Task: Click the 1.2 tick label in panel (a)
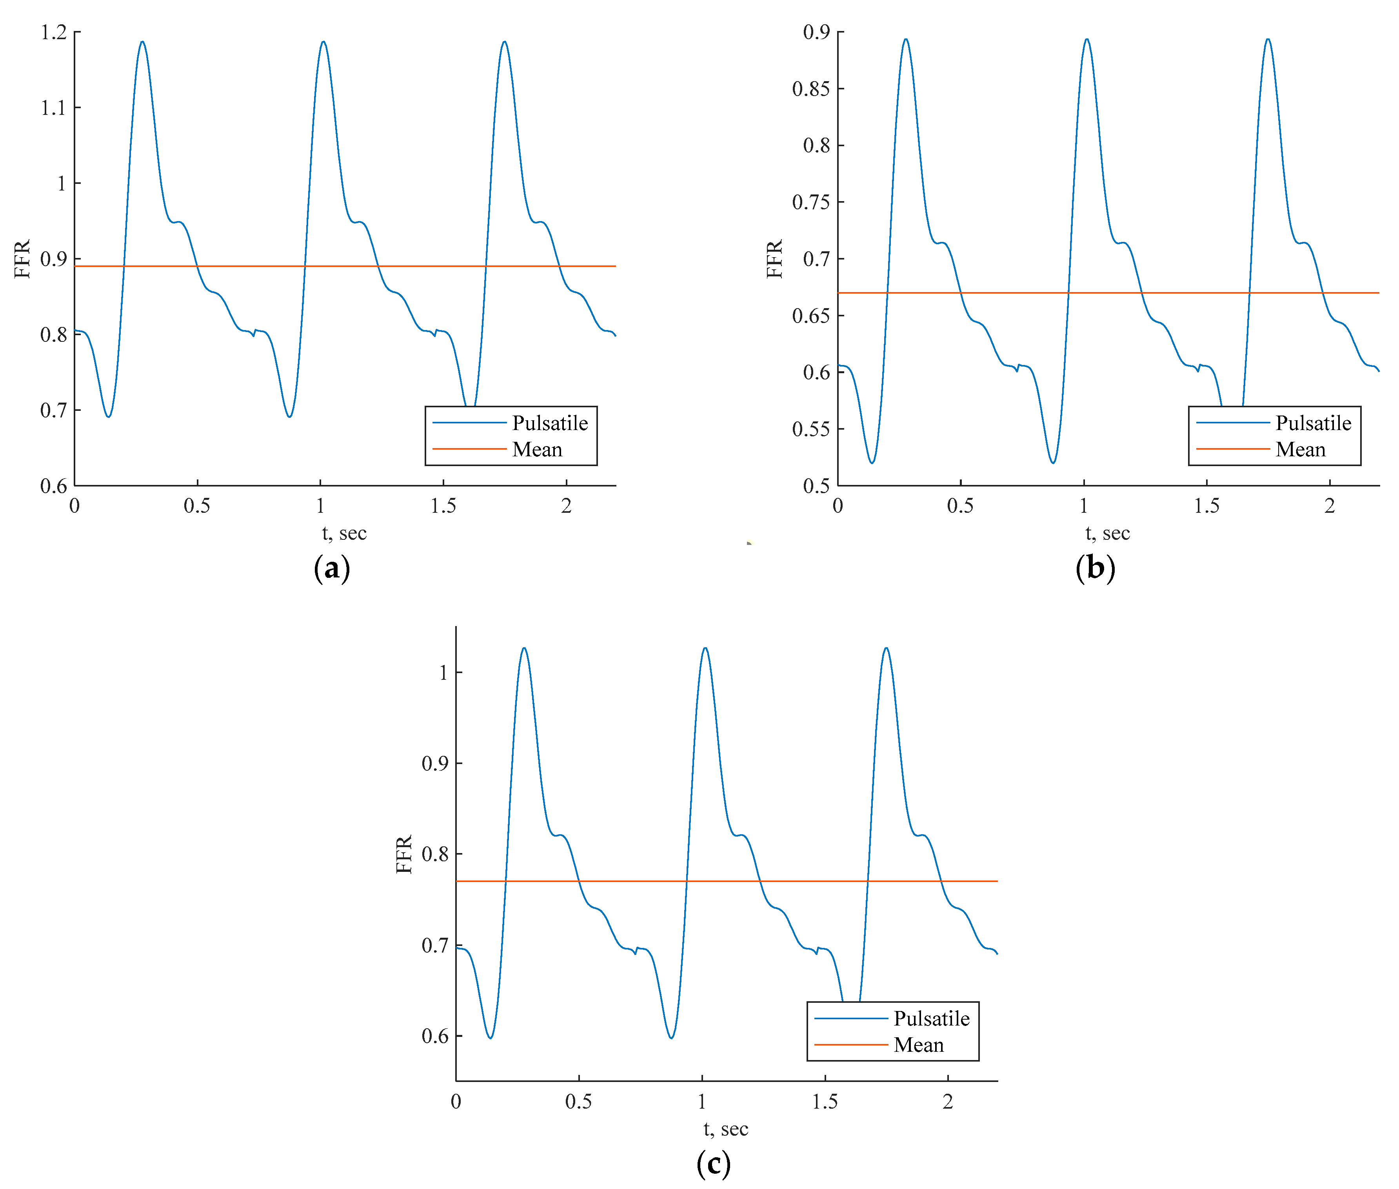coord(54,33)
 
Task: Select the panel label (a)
coord(332,568)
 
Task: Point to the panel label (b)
coord(1095,568)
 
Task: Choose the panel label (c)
coord(713,1164)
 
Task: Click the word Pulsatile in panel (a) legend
coord(549,423)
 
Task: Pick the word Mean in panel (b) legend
coord(1300,450)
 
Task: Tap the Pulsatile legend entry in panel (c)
coord(931,1018)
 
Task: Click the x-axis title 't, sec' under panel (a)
coord(344,533)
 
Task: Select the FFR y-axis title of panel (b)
coord(775,259)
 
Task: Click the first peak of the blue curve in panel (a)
coord(142,42)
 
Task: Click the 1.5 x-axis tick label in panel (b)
coord(1206,506)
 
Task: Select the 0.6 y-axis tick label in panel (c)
coord(435,1036)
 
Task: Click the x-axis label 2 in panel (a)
coord(566,506)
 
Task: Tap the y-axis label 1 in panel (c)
coord(443,673)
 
